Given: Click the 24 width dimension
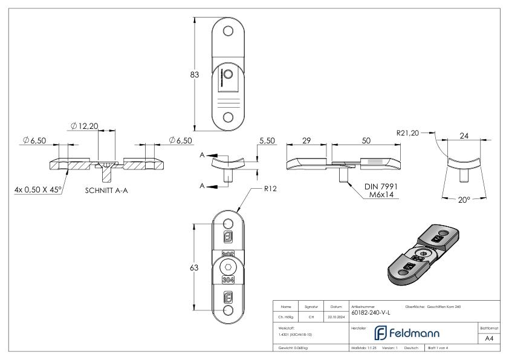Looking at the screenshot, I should [x=464, y=136].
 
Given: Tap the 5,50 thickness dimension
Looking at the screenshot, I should [x=267, y=140].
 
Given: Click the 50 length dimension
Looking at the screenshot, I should [x=366, y=140].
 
